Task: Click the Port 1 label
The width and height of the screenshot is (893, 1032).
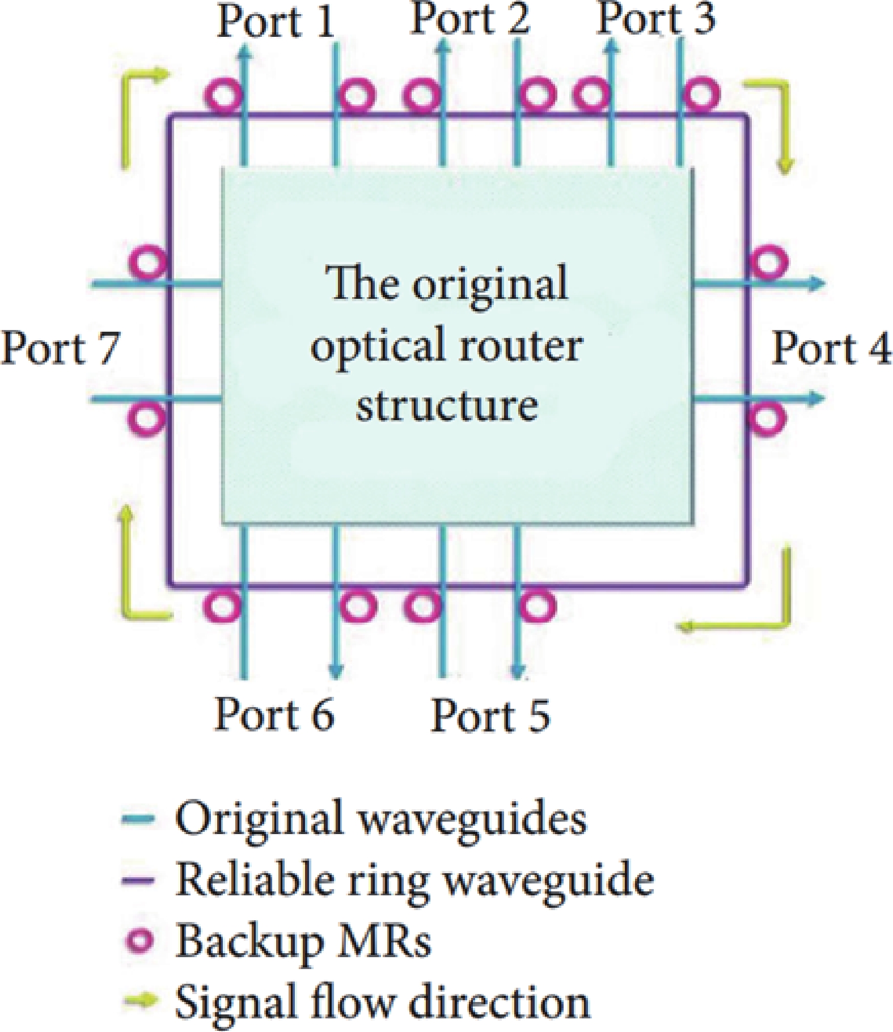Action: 276,23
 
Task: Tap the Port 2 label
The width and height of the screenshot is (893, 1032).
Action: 470,20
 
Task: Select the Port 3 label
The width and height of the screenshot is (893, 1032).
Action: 657,20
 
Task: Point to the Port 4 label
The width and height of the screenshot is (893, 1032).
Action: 831,348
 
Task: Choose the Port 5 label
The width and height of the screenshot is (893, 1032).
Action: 490,716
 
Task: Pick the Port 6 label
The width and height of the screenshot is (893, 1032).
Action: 274,714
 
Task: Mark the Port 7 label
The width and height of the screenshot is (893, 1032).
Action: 61,348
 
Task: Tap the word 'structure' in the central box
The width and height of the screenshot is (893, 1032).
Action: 447,406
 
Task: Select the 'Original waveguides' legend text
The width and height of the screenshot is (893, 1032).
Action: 381,819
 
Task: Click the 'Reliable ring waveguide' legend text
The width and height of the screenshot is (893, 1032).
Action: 415,880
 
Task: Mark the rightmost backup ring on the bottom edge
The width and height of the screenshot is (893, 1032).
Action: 538,606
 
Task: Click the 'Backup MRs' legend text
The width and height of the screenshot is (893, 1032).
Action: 304,941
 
